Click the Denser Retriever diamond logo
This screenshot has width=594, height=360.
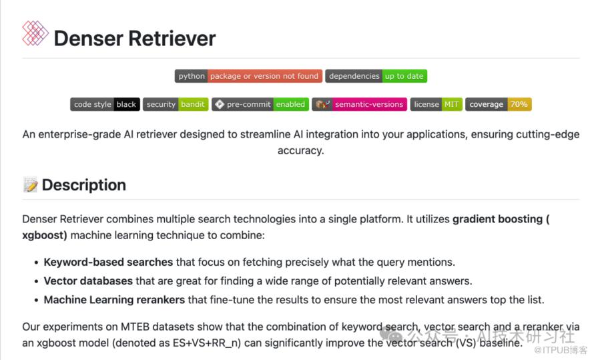click(35, 33)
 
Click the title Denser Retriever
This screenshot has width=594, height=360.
click(135, 39)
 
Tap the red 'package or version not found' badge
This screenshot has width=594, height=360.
click(264, 76)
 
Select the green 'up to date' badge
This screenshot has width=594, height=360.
click(404, 76)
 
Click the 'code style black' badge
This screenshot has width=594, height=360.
click(105, 104)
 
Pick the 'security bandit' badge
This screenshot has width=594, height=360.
click(176, 104)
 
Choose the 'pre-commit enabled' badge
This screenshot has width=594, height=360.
click(260, 104)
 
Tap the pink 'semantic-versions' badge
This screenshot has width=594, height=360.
click(360, 104)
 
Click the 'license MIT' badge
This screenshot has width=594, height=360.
click(436, 104)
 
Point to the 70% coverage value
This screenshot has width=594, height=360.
click(519, 104)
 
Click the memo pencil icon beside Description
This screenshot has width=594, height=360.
click(30, 185)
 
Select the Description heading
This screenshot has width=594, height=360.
click(84, 185)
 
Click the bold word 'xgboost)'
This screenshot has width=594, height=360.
click(45, 235)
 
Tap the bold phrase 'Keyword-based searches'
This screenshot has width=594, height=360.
click(108, 262)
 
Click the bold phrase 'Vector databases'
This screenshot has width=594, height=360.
click(88, 281)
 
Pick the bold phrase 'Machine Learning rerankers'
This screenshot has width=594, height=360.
click(114, 300)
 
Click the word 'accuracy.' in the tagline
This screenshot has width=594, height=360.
click(301, 151)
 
